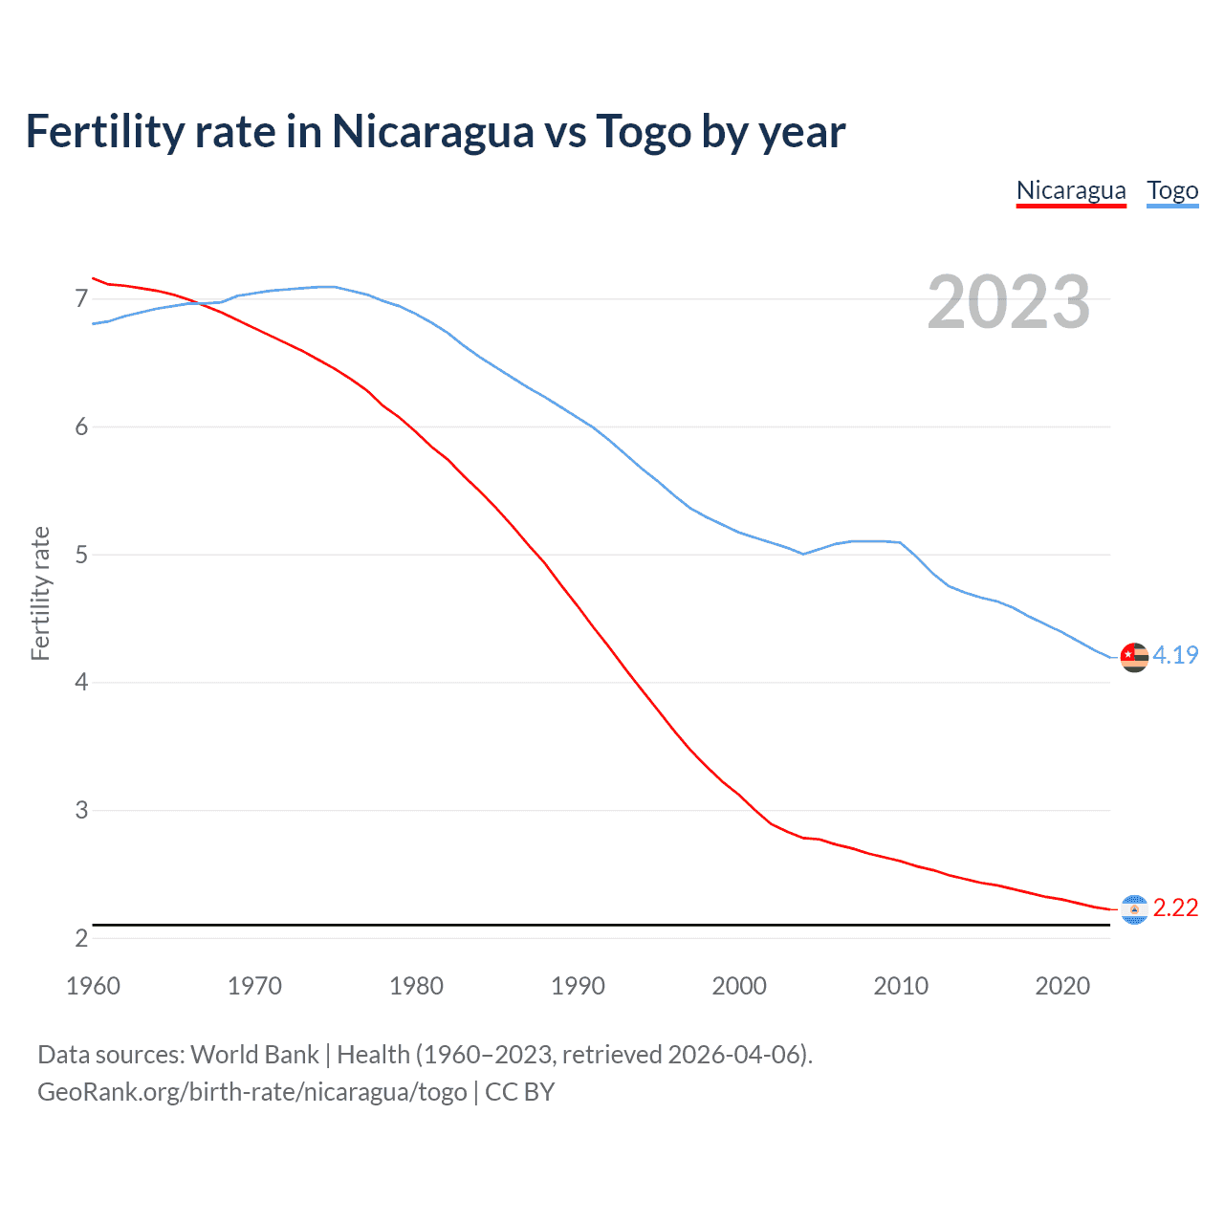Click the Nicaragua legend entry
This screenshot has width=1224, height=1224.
(x=1071, y=190)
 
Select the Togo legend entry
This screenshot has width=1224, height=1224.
(x=1172, y=190)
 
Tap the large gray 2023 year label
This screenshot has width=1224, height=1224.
(x=1008, y=302)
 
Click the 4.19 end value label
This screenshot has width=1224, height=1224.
(x=1175, y=655)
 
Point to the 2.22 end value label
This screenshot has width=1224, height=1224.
(x=1175, y=907)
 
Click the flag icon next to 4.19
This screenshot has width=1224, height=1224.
(x=1134, y=657)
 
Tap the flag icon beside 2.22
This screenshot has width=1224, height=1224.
(x=1134, y=909)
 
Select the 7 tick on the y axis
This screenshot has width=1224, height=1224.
(x=81, y=299)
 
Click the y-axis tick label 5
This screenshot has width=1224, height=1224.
(x=81, y=555)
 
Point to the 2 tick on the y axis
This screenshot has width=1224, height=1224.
(x=81, y=938)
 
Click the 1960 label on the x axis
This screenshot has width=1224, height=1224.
(x=93, y=986)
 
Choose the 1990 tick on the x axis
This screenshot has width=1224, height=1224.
(x=578, y=986)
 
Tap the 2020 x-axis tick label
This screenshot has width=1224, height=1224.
(x=1062, y=986)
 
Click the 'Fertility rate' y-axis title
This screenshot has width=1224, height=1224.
(x=40, y=593)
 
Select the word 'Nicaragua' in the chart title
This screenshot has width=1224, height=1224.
(x=432, y=131)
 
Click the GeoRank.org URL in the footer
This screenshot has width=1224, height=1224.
(x=252, y=1092)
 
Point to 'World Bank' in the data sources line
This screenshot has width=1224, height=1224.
(x=254, y=1055)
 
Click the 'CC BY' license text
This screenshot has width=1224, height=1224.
(x=519, y=1092)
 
